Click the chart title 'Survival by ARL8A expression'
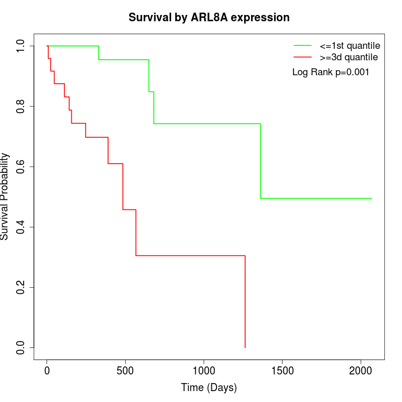(208, 17)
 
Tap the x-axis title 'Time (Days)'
(208, 388)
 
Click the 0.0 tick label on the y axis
(21, 347)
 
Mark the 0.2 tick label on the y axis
(21, 287)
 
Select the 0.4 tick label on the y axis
(21, 227)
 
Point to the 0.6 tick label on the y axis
(21, 167)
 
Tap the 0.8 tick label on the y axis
(21, 106)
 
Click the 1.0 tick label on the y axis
(21, 46)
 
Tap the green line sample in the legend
(303, 45)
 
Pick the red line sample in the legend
(303, 57)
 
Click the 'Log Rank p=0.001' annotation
(331, 72)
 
